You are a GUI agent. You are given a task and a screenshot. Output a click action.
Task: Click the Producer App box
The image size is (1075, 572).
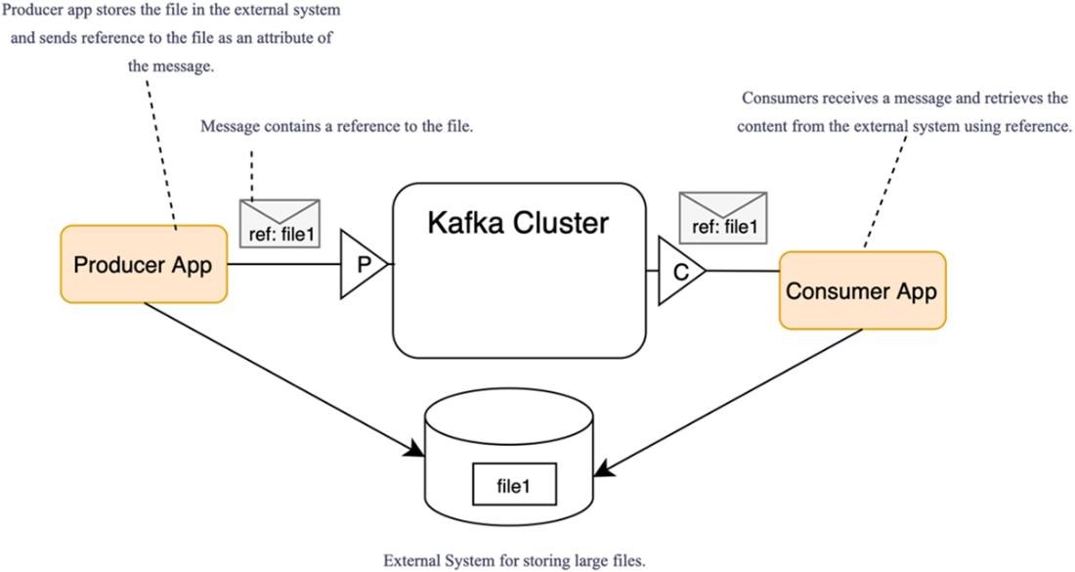tap(143, 264)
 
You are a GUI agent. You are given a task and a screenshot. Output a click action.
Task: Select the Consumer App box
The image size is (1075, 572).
tap(862, 290)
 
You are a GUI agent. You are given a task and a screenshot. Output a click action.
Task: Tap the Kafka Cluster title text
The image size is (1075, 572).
tap(518, 223)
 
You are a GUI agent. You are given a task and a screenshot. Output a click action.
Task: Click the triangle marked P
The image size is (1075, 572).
tap(360, 264)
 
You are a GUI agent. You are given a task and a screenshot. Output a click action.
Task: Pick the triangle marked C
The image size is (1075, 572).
tap(678, 272)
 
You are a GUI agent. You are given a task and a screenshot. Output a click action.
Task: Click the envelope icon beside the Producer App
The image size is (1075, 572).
tap(279, 212)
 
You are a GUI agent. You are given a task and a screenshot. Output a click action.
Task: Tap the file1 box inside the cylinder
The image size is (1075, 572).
tap(513, 485)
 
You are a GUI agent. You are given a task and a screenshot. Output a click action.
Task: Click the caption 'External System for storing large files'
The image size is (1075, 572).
tap(514, 561)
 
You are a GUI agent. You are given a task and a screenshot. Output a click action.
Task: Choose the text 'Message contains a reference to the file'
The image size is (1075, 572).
tap(337, 127)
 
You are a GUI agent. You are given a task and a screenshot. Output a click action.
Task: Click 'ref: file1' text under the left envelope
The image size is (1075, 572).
tap(279, 236)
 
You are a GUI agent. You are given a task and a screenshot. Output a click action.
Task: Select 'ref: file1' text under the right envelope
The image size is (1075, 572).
tap(723, 228)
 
